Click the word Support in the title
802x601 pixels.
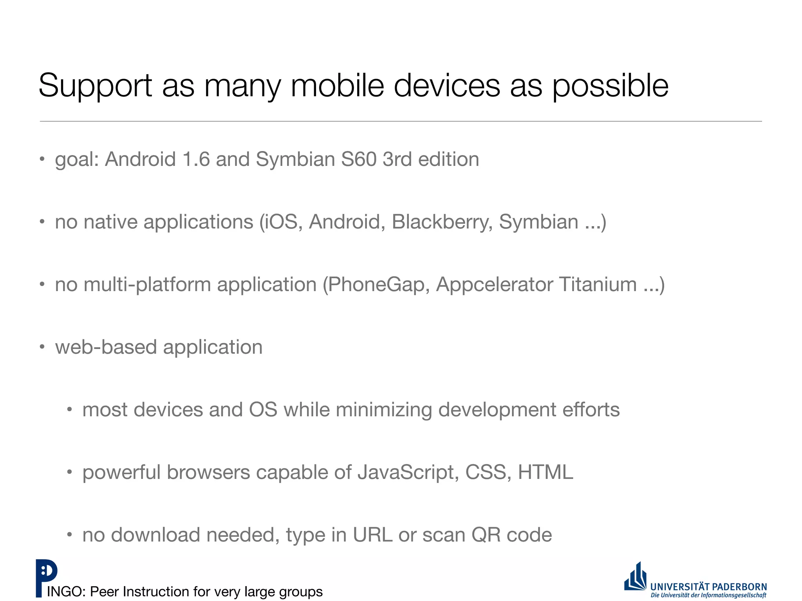click(x=95, y=86)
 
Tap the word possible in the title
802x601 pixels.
click(x=610, y=86)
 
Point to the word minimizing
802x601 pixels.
click(x=383, y=410)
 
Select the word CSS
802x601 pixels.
click(x=488, y=472)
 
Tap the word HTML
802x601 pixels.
click(x=546, y=472)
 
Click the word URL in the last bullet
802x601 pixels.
click(x=372, y=535)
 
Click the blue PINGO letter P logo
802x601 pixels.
click(x=46, y=577)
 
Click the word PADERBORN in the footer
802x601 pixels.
click(x=739, y=587)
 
